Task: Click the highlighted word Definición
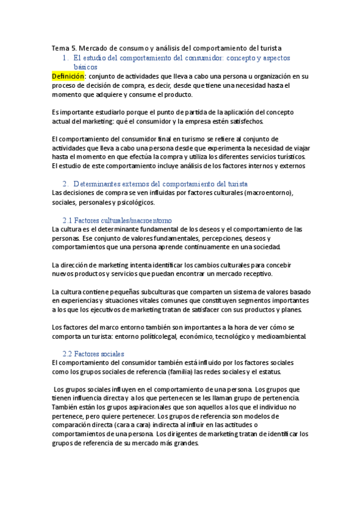[68, 77]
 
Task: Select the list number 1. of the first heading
[67, 57]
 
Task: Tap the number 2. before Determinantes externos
[66, 183]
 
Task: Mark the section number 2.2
[68, 353]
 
